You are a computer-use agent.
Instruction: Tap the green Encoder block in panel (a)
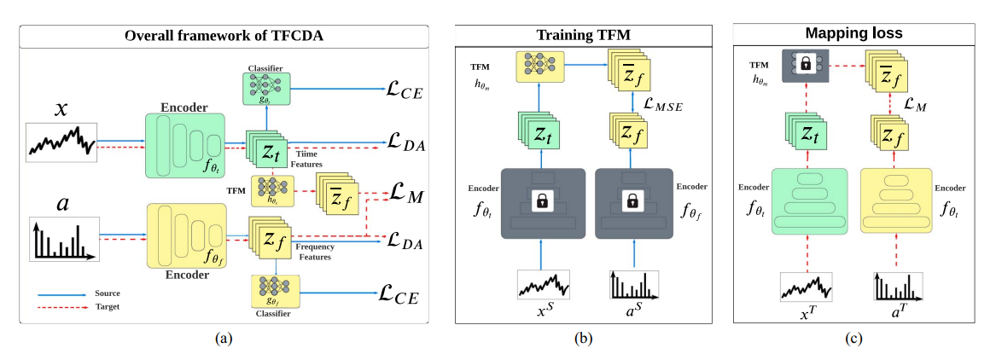185,146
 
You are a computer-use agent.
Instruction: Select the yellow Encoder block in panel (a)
186,236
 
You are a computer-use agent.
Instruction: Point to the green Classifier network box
266,88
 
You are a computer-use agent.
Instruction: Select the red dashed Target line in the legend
61,306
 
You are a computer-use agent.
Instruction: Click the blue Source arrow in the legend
61,295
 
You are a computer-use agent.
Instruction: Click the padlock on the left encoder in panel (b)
542,202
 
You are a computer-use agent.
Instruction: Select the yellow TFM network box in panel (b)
540,67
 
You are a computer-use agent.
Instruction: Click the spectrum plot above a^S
635,285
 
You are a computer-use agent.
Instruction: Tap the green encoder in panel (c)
810,200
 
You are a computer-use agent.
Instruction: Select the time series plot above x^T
806,287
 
